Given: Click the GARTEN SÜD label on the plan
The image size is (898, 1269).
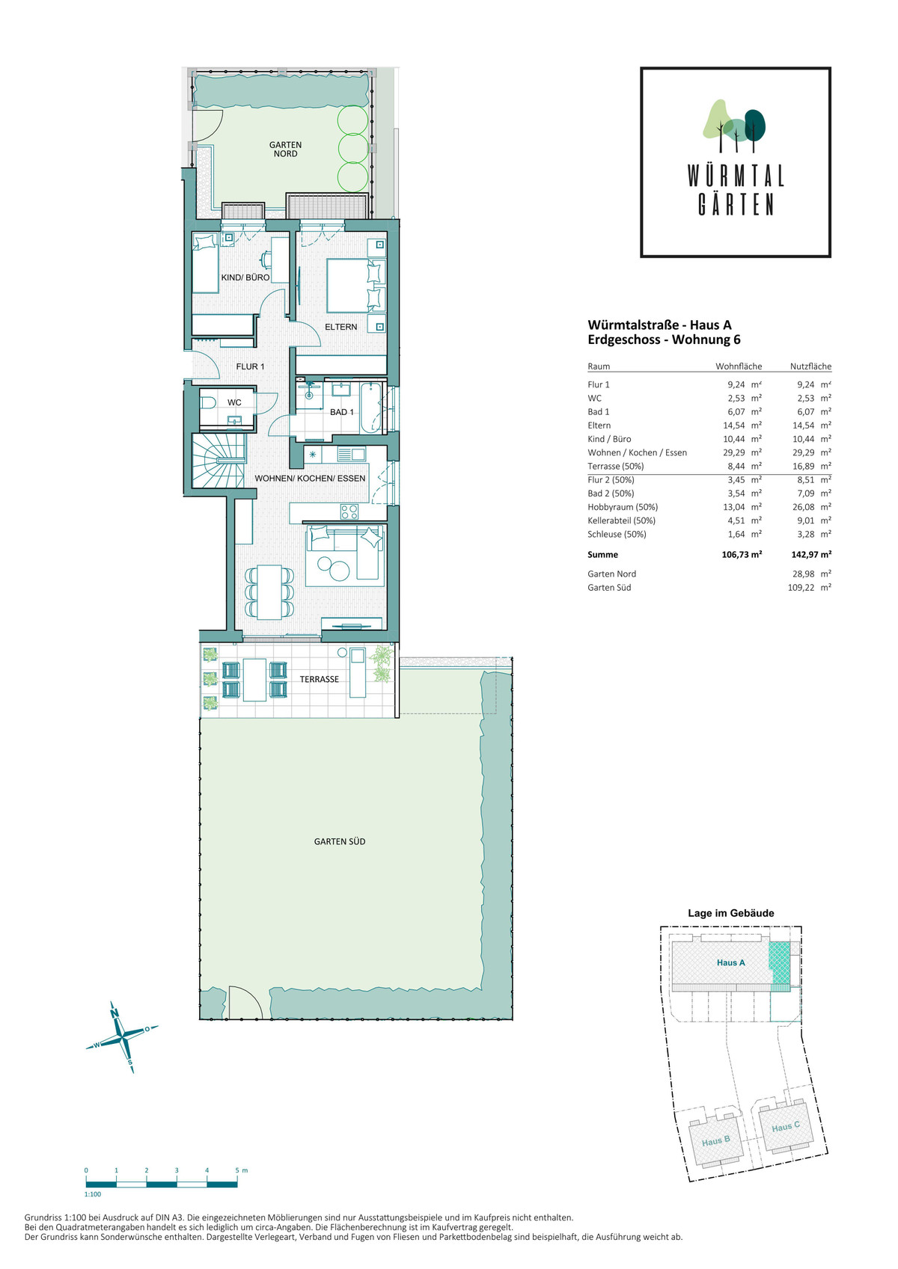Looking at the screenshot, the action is pos(340,841).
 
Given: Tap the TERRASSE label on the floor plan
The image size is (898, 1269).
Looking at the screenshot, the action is pos(320,679).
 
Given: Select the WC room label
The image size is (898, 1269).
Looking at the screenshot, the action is pos(234,402).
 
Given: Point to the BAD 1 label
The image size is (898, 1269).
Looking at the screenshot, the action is pos(342,412).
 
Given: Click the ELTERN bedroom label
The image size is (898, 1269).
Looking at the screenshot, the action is pos(340,327).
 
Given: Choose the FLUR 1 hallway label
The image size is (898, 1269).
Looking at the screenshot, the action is pos(250,366).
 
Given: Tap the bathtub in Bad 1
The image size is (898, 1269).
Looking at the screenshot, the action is pos(372,408).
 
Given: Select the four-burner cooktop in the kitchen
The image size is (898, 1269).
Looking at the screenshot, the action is pos(349,511).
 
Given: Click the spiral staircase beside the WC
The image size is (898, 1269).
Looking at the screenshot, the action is pos(219,460).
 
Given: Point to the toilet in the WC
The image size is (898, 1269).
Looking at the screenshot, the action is pos(207,403).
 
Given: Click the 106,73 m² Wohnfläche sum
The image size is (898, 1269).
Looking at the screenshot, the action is pos(742,555).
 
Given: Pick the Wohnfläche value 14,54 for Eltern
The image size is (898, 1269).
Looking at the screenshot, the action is pos(736,425).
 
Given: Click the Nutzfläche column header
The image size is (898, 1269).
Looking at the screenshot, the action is pos(810,366).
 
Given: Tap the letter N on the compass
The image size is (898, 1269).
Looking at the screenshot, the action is pos(114,1013).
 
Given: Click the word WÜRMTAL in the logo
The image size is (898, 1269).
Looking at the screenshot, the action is pos(736,176).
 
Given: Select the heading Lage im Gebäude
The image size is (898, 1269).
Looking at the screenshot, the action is pos(731,912).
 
